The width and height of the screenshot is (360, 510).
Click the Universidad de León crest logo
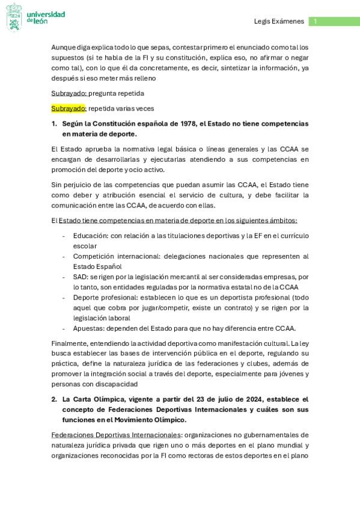14,17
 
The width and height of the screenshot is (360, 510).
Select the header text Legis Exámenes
279,22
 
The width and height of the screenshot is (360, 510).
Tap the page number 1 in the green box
315,22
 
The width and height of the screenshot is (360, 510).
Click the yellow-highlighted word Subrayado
69,108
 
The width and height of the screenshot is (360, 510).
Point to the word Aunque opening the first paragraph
64,47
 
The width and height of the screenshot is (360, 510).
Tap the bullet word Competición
96,256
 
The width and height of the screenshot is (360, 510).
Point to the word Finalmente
71,343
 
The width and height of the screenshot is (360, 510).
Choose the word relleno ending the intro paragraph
143,78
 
